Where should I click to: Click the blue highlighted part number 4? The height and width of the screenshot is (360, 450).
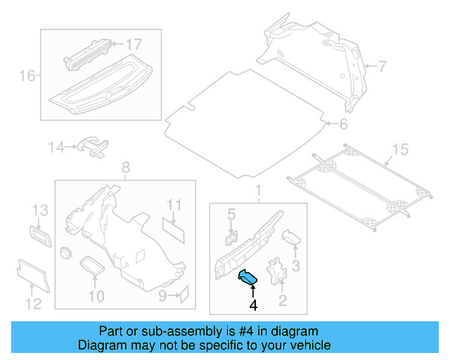tap(248, 278)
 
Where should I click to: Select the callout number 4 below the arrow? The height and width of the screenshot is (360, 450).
tap(252, 305)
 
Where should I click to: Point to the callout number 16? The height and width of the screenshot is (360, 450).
tap(27, 75)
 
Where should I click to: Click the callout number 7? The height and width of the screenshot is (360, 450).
tap(382, 67)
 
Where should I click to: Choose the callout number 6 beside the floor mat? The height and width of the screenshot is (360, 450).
tap(343, 125)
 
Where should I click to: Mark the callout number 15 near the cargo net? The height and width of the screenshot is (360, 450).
tap(399, 149)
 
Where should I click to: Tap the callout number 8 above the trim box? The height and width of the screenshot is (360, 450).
tap(125, 168)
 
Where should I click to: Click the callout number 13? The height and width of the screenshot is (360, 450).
tap(39, 209)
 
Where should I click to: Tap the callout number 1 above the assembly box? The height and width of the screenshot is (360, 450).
tap(257, 191)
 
